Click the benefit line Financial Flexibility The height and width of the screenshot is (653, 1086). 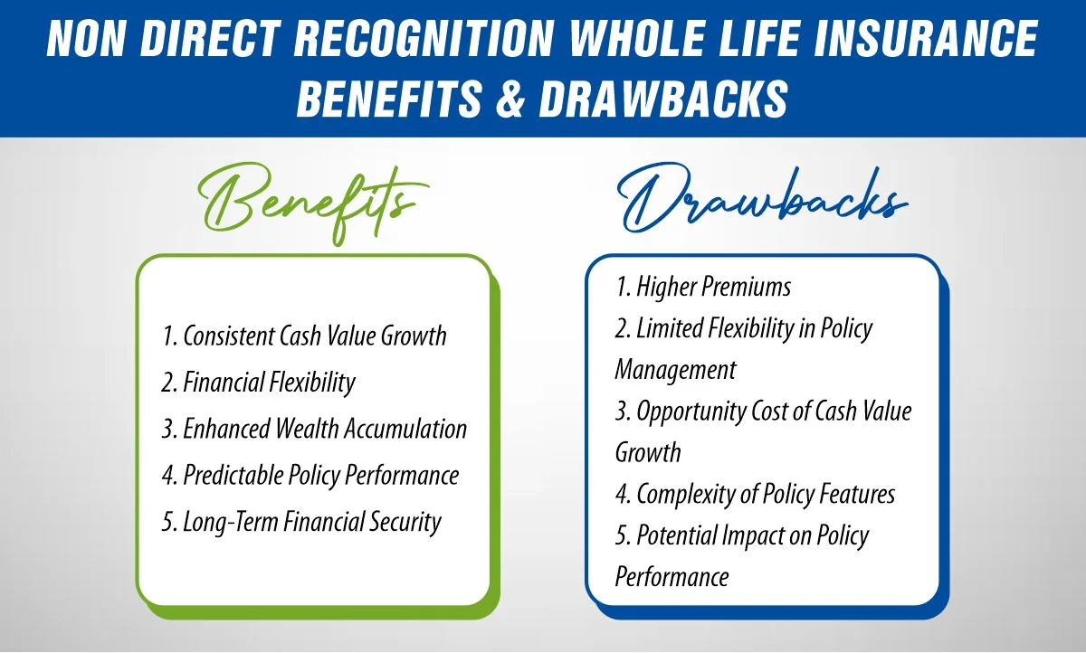(259, 383)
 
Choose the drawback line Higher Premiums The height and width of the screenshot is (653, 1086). (703, 288)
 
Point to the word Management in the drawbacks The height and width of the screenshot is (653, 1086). (675, 370)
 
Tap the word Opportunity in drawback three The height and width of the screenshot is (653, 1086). (690, 412)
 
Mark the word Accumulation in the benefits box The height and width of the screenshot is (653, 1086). (407, 429)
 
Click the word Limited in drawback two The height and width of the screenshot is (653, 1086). (668, 329)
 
